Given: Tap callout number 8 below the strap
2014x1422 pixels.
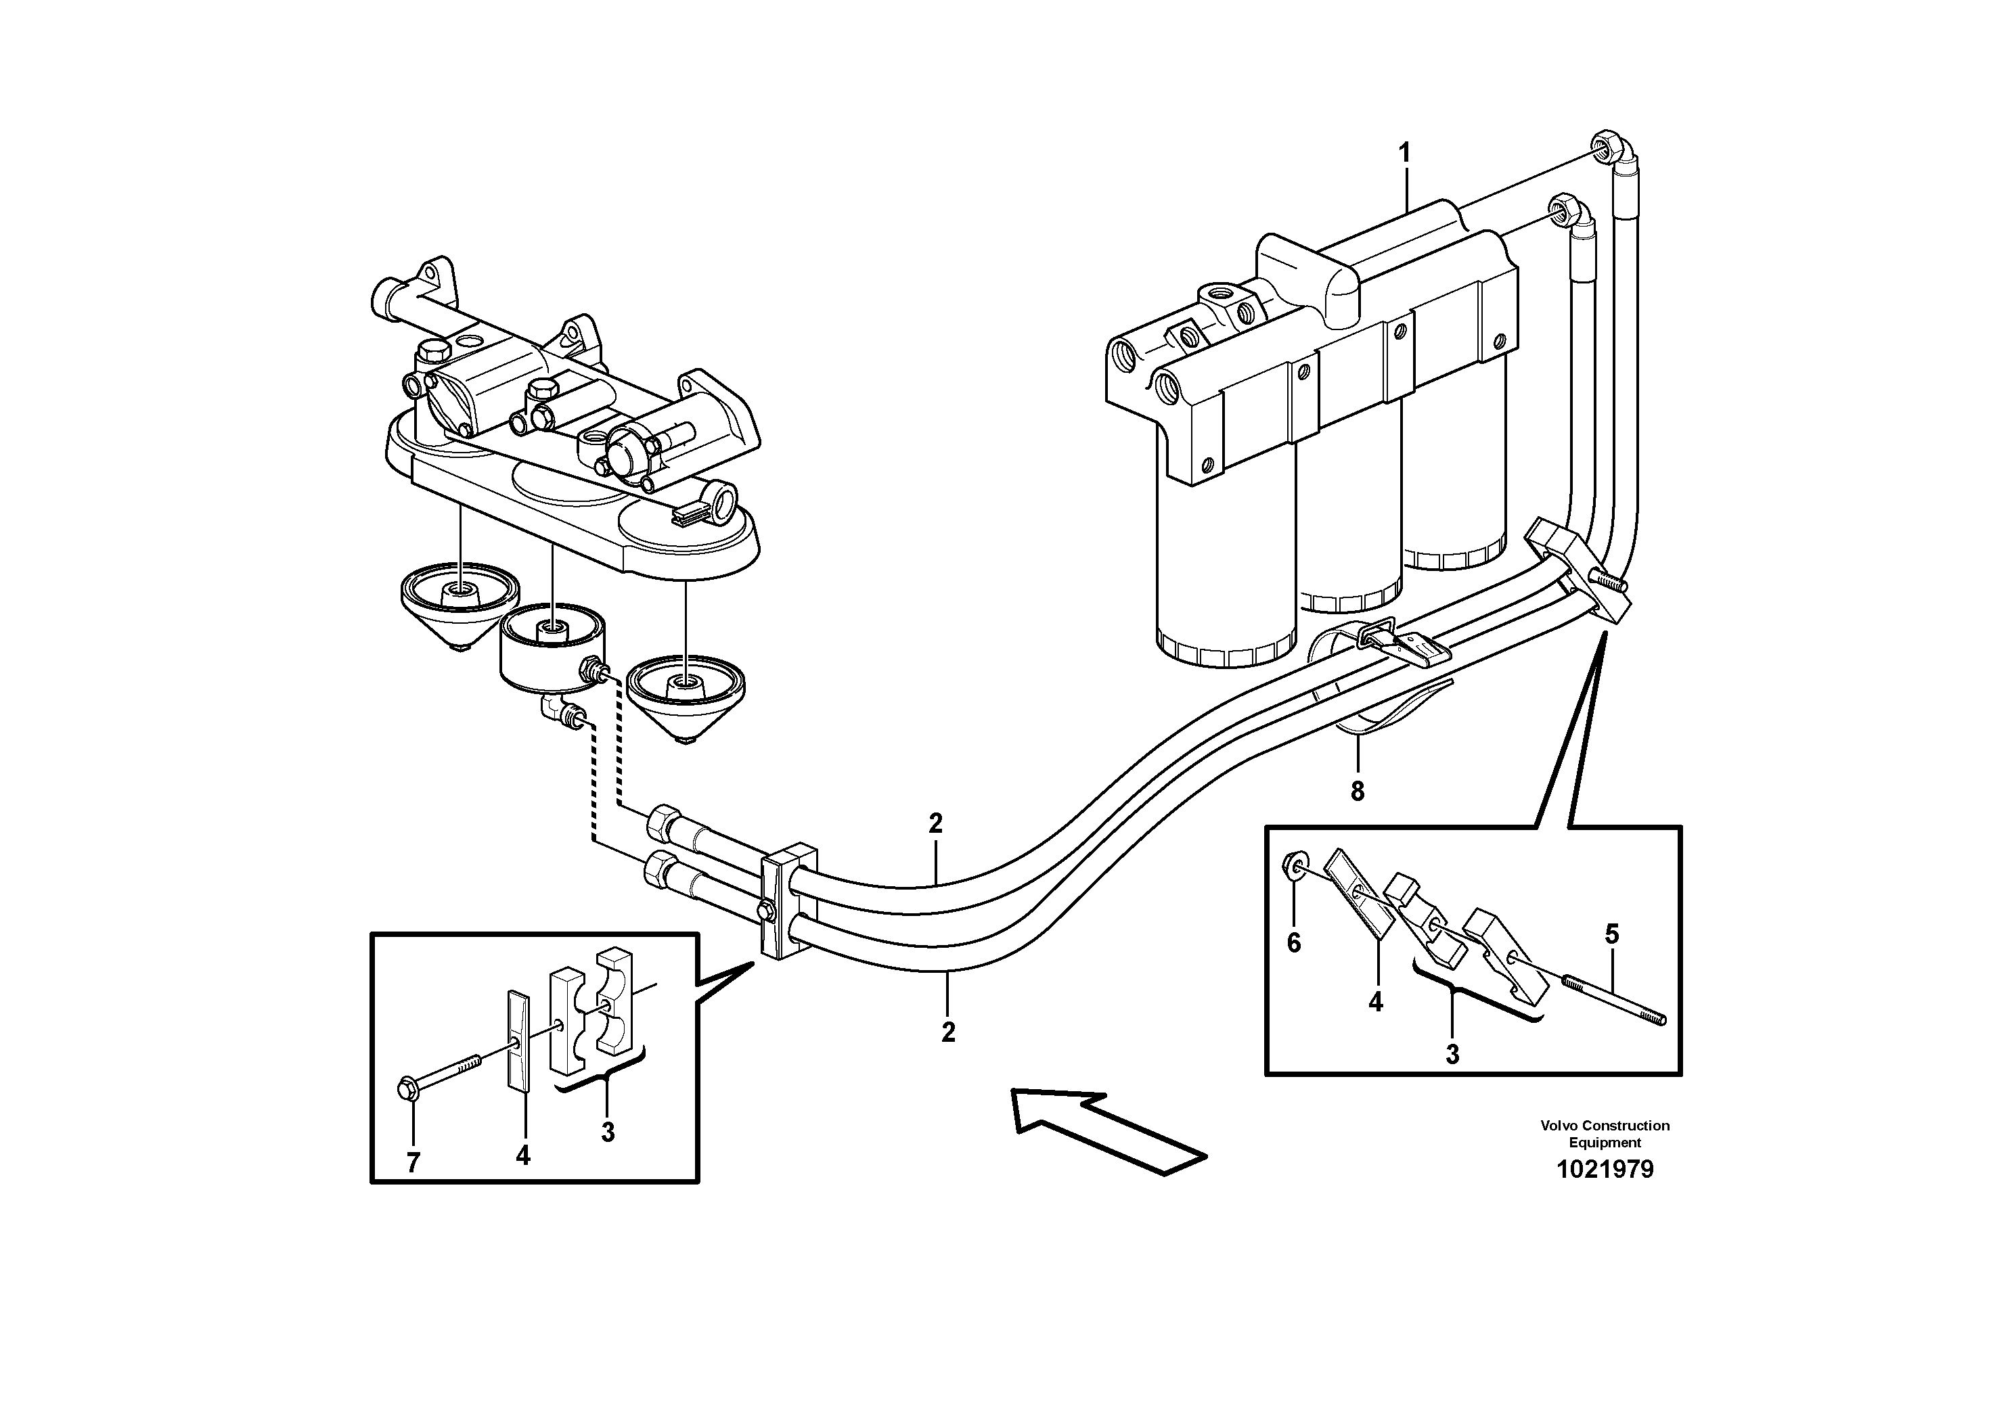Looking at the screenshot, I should point(1357,792).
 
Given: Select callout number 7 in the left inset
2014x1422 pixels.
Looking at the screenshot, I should point(413,1162).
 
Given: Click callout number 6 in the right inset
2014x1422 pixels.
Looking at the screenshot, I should point(1294,943).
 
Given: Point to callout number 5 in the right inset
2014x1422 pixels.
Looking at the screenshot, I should point(1612,934).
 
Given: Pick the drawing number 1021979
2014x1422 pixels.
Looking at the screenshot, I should point(1605,1170).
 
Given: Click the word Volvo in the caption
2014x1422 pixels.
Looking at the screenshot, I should point(1557,1126).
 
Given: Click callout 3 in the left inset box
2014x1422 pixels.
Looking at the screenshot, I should point(608,1132).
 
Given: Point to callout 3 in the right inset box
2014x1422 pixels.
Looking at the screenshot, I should point(1452,1055).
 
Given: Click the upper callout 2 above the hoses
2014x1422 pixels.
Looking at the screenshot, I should point(936,823).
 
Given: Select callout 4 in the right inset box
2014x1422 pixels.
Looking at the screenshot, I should point(1375,1001).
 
